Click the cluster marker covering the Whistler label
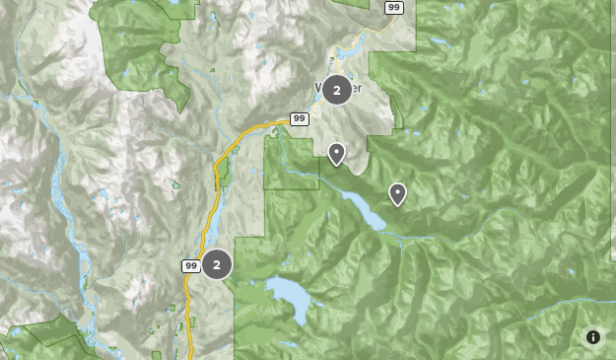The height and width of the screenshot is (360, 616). click(x=337, y=90)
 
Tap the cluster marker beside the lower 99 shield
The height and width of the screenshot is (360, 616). click(x=217, y=264)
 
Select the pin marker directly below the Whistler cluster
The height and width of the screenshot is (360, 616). click(x=336, y=153)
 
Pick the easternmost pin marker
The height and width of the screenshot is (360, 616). click(x=397, y=193)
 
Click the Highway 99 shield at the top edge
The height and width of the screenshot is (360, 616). click(x=393, y=7)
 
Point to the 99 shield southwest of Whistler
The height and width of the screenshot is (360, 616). click(x=300, y=119)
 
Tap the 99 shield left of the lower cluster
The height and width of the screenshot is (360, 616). click(x=190, y=265)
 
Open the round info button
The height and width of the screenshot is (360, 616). click(x=593, y=337)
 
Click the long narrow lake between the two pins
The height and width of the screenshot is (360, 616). click(x=364, y=209)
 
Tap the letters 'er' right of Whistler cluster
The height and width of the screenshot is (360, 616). click(x=356, y=89)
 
